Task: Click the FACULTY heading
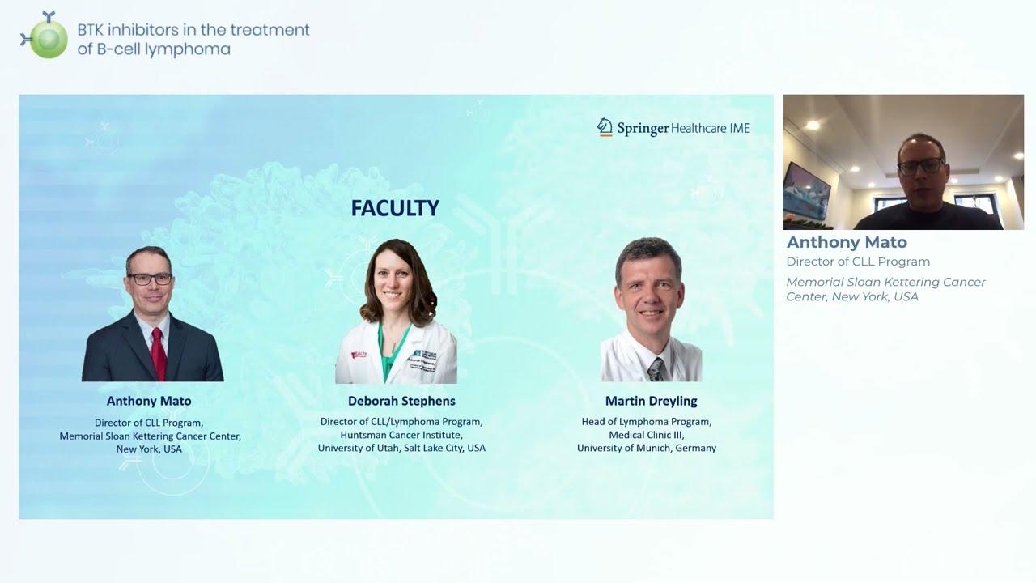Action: point(395,208)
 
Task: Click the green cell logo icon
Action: point(47,37)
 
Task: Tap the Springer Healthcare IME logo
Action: point(673,128)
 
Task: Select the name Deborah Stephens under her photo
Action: point(401,401)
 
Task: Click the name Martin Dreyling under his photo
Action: point(651,401)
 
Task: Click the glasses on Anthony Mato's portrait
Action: point(150,279)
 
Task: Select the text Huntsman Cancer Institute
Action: point(401,435)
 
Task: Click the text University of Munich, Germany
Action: point(647,448)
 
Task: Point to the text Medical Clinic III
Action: point(647,435)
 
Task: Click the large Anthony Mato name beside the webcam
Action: point(847,242)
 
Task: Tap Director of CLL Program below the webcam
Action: point(858,262)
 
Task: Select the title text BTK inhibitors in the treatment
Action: point(193,30)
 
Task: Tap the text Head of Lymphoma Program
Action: point(647,422)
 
